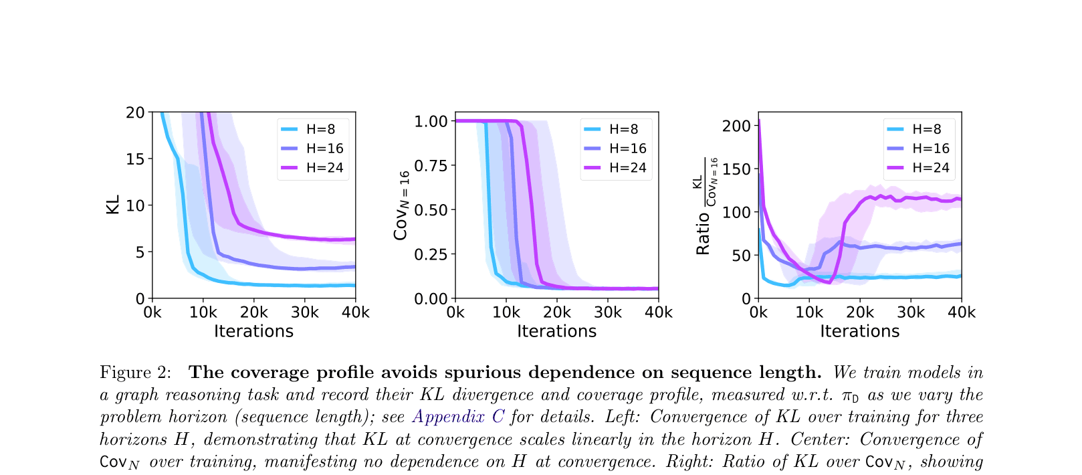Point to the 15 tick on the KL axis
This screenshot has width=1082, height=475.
click(135, 159)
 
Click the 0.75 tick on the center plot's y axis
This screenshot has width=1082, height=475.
click(431, 166)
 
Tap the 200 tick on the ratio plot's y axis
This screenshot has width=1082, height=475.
click(736, 126)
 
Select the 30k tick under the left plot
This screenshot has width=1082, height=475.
click(304, 312)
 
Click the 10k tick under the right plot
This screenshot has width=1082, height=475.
click(809, 312)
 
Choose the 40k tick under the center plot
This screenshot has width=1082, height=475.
click(658, 312)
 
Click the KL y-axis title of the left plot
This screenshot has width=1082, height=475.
click(113, 205)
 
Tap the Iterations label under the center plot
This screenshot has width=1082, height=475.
click(556, 331)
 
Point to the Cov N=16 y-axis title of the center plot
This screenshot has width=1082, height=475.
click(401, 205)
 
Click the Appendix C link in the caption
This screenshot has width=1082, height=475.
click(458, 417)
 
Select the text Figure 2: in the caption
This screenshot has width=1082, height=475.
click(136, 373)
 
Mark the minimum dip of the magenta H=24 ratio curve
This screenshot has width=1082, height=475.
click(829, 282)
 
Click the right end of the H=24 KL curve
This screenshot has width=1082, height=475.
click(354, 239)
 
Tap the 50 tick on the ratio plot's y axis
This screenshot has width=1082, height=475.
click(741, 256)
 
